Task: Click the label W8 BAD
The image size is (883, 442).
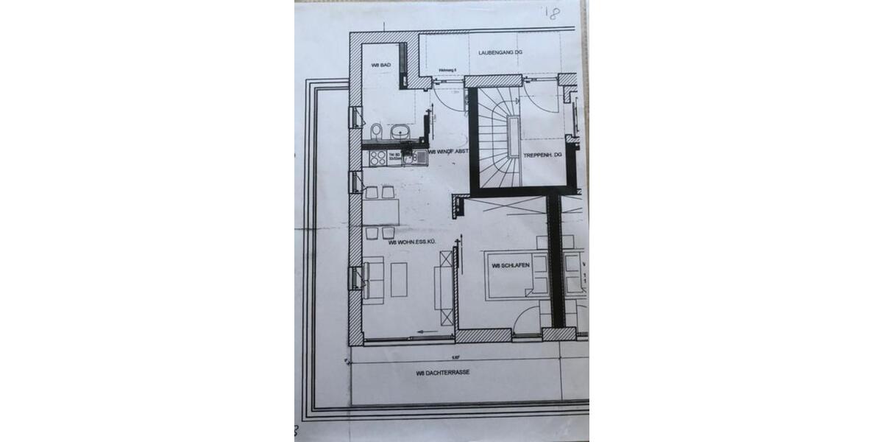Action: tap(380, 66)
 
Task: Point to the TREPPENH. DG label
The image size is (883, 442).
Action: tap(542, 155)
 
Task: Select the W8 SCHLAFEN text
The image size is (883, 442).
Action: tap(508, 266)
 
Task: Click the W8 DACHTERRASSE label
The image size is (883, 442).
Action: tap(442, 373)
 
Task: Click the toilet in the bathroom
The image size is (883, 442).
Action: tap(377, 133)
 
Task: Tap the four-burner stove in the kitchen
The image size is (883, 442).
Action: tap(377, 158)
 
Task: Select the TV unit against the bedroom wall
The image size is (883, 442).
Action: tap(444, 287)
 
